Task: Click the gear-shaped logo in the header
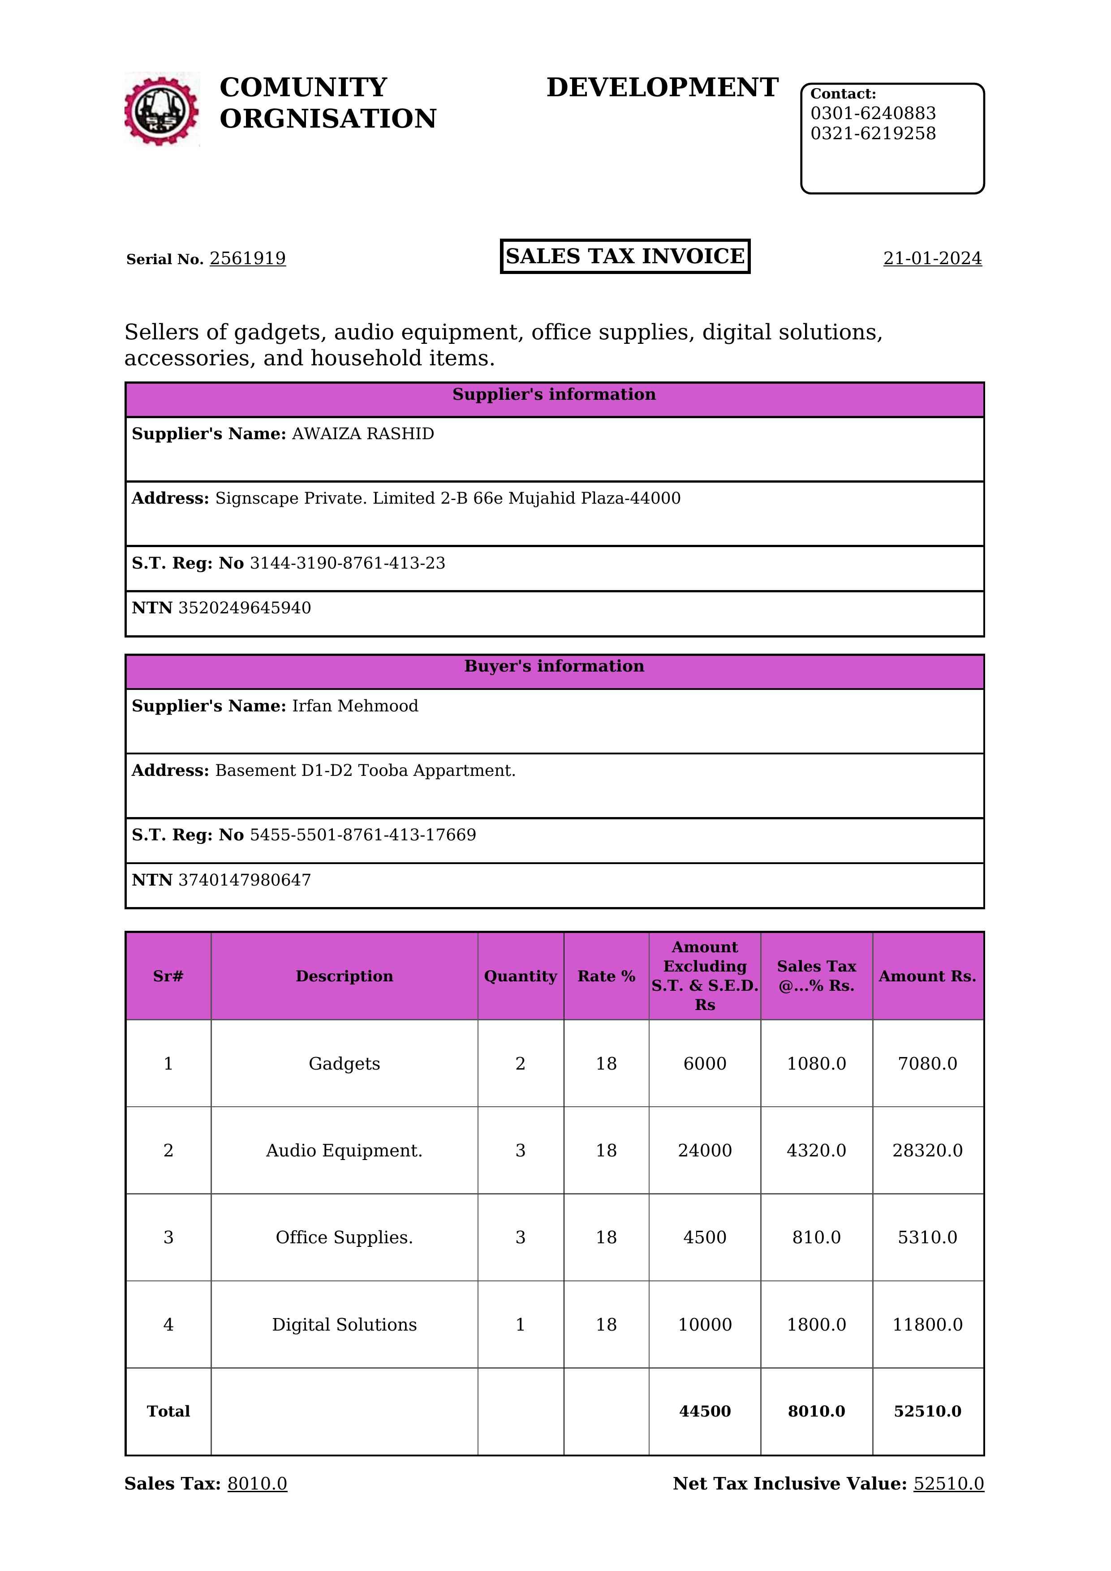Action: [162, 110]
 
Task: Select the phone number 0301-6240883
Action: [873, 114]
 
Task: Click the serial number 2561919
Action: [247, 259]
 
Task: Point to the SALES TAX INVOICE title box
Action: [625, 257]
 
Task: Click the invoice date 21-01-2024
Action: [932, 259]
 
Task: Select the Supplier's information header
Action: [554, 395]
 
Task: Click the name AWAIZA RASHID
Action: [363, 434]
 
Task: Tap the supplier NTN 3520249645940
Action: [245, 608]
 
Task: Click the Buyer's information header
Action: [554, 667]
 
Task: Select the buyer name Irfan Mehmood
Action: [355, 706]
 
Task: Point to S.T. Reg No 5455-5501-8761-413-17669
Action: [363, 835]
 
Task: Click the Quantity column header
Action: [520, 976]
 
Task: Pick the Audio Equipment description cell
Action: [344, 1151]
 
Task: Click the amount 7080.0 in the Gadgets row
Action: [927, 1064]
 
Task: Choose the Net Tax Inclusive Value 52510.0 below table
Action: [948, 1484]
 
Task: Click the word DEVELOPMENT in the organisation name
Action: [662, 88]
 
